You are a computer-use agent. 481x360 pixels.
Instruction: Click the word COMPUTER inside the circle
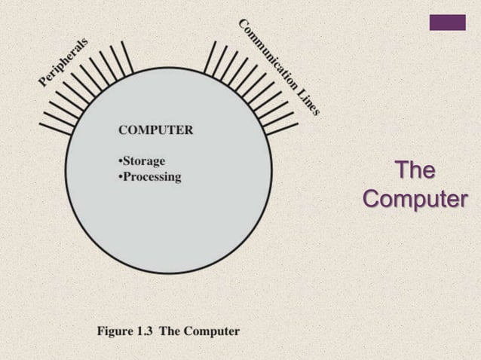[x=155, y=130]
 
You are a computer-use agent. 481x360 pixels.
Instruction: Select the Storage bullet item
[x=144, y=161]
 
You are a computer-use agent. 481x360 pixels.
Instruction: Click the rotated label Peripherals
[x=63, y=62]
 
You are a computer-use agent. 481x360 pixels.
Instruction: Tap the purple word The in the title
[x=415, y=171]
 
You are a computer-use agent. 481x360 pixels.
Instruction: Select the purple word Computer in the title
[x=415, y=200]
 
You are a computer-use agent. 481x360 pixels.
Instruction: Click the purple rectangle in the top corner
[x=447, y=23]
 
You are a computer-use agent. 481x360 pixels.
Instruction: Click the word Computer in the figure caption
[x=211, y=331]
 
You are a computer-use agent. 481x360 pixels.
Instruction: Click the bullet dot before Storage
[x=120, y=162]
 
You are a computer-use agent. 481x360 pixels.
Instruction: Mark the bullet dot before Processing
[x=120, y=178]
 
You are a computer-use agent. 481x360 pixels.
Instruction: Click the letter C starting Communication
[x=244, y=25]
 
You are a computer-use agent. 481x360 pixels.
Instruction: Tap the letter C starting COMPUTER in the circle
[x=123, y=130]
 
